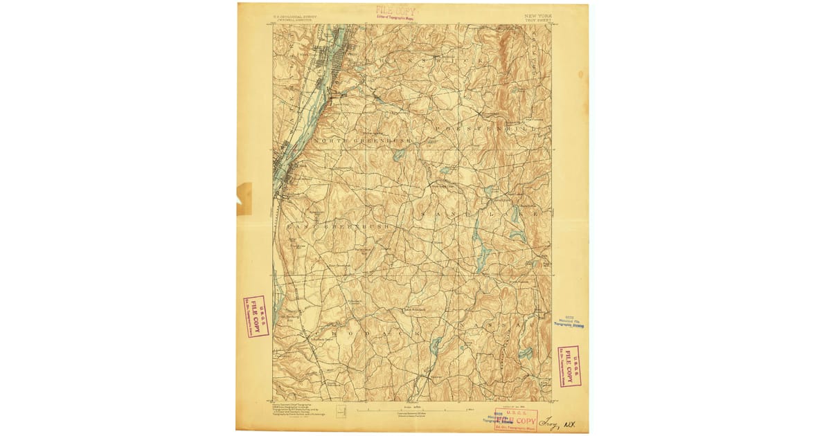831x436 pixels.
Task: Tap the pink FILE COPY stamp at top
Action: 396,11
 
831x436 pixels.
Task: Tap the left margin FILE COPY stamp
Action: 256,316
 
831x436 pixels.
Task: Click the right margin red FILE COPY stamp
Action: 569,366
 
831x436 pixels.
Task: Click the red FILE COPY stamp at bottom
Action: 516,420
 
